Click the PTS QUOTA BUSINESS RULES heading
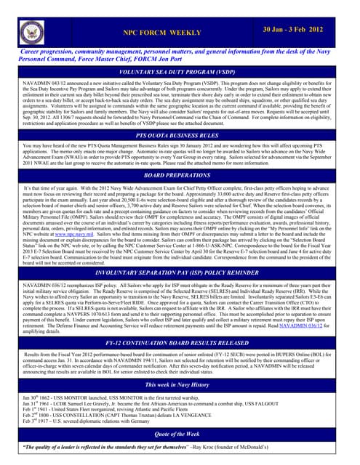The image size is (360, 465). pos(180,136)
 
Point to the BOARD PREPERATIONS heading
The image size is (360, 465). pos(180,176)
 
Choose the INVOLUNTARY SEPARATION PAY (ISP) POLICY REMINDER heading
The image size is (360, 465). pos(180,273)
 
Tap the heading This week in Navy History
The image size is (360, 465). pos(180,383)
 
